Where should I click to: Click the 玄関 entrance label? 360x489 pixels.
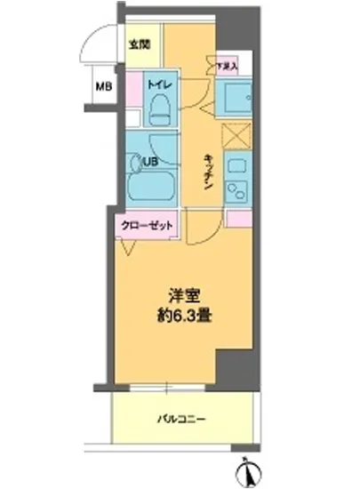coord(139,44)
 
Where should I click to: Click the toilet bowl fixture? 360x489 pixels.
coord(161,110)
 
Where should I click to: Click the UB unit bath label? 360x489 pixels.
coord(150,162)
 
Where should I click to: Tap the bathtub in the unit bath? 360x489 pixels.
coord(148,188)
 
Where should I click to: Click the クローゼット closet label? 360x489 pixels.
coord(146,225)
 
